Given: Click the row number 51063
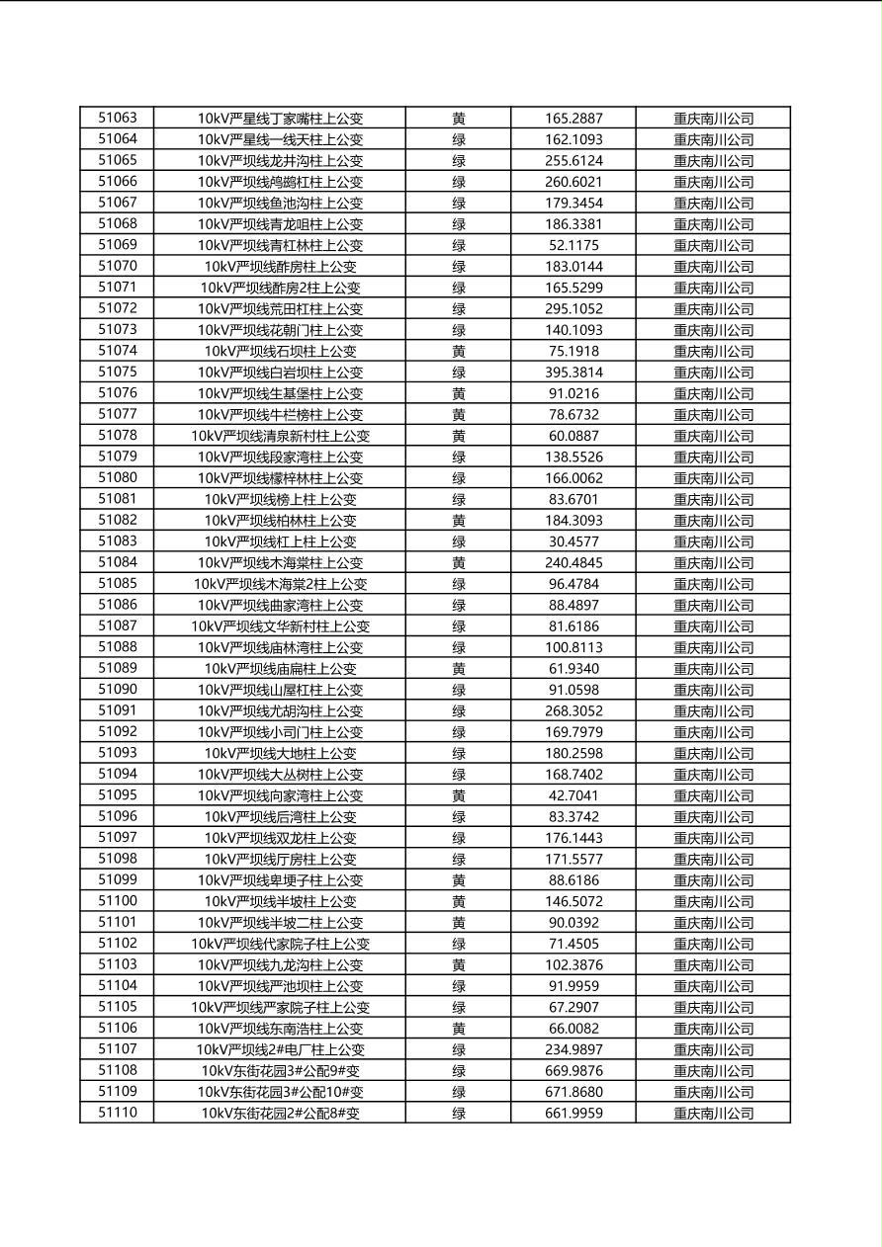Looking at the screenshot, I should pos(117,118).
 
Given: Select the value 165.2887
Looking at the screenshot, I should pos(573,119).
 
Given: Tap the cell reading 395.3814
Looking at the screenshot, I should pos(573,373).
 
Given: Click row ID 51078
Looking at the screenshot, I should pos(117,436).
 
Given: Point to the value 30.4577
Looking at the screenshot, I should pos(573,541).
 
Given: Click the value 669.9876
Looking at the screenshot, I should pos(573,1071).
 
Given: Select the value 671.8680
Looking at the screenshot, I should pos(573,1092).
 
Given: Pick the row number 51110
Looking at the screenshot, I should pos(117,1114).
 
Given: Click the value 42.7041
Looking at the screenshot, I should pos(573,795).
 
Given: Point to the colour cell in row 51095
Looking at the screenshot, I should pos(459,795).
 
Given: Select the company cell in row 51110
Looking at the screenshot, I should pos(713,1114).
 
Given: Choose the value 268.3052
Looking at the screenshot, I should pos(573,710).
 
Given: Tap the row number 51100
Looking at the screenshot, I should pos(117,901).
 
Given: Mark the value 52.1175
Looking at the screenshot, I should pos(573,245).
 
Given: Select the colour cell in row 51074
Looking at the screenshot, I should pos(459,351).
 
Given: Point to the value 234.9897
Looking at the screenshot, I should pos(573,1049).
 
